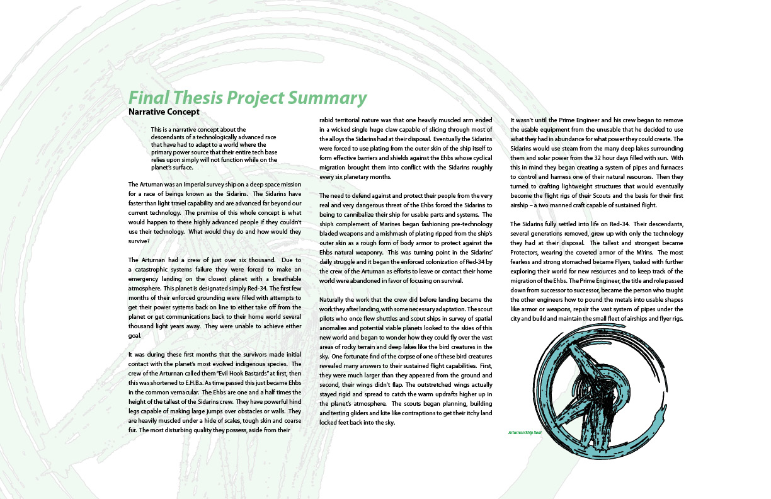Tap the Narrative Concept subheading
pyautogui.click(x=164, y=112)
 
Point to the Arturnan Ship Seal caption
pyautogui.click(x=525, y=433)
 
